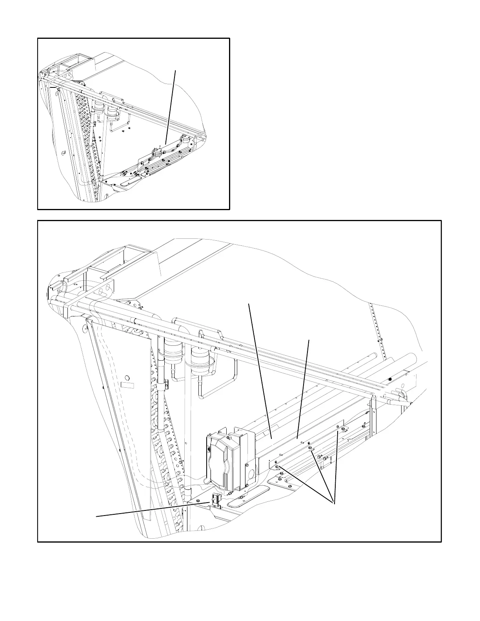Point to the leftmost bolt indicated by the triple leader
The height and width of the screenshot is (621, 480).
277,467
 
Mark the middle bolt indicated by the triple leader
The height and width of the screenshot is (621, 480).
310,448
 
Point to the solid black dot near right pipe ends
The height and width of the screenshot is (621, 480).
390,379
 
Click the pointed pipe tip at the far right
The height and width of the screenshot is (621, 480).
408,401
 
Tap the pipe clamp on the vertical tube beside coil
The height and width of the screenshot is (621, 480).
165,385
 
